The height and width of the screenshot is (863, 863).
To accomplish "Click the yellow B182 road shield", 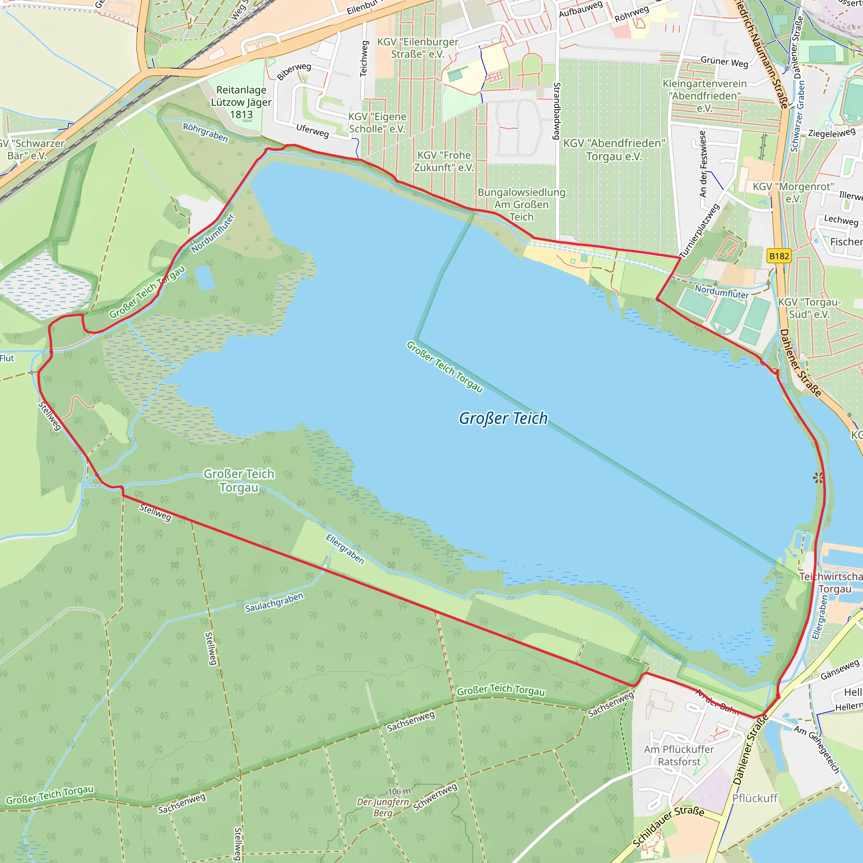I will point(779,256).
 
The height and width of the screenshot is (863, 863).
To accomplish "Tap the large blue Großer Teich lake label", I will point(504,418).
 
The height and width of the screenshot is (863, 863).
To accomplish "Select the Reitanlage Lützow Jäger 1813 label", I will point(241,102).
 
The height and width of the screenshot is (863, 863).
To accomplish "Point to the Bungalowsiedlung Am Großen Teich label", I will point(521,204).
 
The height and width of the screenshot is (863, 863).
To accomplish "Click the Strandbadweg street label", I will point(557,111).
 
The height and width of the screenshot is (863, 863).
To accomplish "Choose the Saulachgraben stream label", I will point(274,603).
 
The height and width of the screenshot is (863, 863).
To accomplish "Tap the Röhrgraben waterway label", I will point(206,133).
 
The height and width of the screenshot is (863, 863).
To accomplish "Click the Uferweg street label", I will point(313,131).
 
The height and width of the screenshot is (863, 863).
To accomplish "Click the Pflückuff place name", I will point(755,798).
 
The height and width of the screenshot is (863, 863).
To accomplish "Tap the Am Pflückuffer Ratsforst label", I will point(679,756).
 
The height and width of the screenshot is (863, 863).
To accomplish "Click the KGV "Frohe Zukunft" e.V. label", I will point(444,161).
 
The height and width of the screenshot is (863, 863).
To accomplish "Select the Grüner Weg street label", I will point(724,62).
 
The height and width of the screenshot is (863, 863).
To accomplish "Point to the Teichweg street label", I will point(364,59).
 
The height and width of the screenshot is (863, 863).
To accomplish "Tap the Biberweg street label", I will point(294,72).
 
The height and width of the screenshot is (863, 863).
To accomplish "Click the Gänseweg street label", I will point(840,670).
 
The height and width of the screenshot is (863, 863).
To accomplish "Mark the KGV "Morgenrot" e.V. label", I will point(793,193).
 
